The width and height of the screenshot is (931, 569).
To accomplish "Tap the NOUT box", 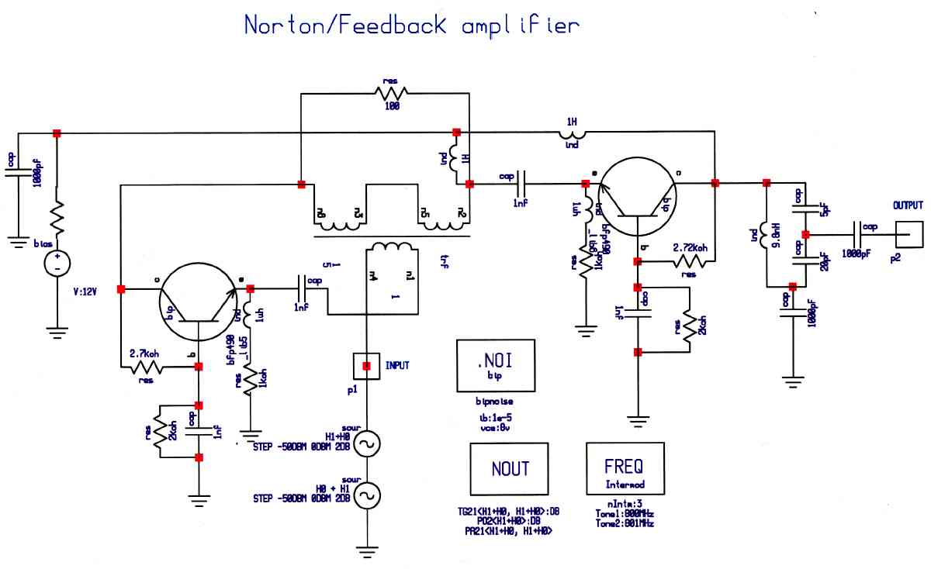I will [509, 468].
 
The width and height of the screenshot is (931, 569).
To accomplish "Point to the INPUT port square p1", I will [366, 366].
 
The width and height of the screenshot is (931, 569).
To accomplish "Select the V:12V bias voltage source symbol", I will [57, 264].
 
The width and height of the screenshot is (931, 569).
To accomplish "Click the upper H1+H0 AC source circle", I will [366, 443].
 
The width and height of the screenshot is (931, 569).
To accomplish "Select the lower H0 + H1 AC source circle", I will [366, 494].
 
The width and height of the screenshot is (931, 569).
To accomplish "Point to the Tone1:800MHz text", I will [625, 514].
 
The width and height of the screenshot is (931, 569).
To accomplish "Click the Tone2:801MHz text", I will [625, 524].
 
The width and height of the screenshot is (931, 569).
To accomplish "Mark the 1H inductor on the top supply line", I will [572, 135].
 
